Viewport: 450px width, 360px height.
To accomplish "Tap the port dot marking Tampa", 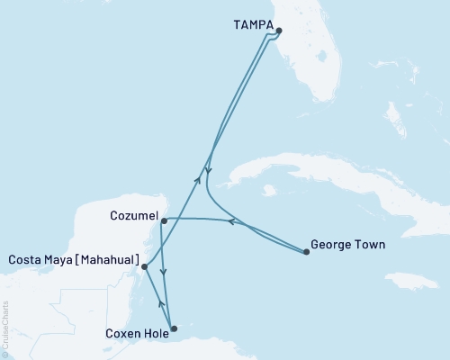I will (x=279, y=31).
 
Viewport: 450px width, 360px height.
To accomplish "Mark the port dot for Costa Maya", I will (x=145, y=266).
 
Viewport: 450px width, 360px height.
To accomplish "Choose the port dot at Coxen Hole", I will (x=174, y=328).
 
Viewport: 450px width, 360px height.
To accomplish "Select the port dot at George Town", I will (x=307, y=252).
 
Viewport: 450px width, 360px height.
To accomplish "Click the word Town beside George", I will (x=369, y=243).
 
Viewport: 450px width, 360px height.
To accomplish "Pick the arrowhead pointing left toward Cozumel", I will (x=230, y=221).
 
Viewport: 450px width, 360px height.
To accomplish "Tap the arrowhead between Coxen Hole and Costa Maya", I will (x=160, y=303).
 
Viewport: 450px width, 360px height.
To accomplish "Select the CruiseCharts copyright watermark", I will (x=5, y=329).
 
